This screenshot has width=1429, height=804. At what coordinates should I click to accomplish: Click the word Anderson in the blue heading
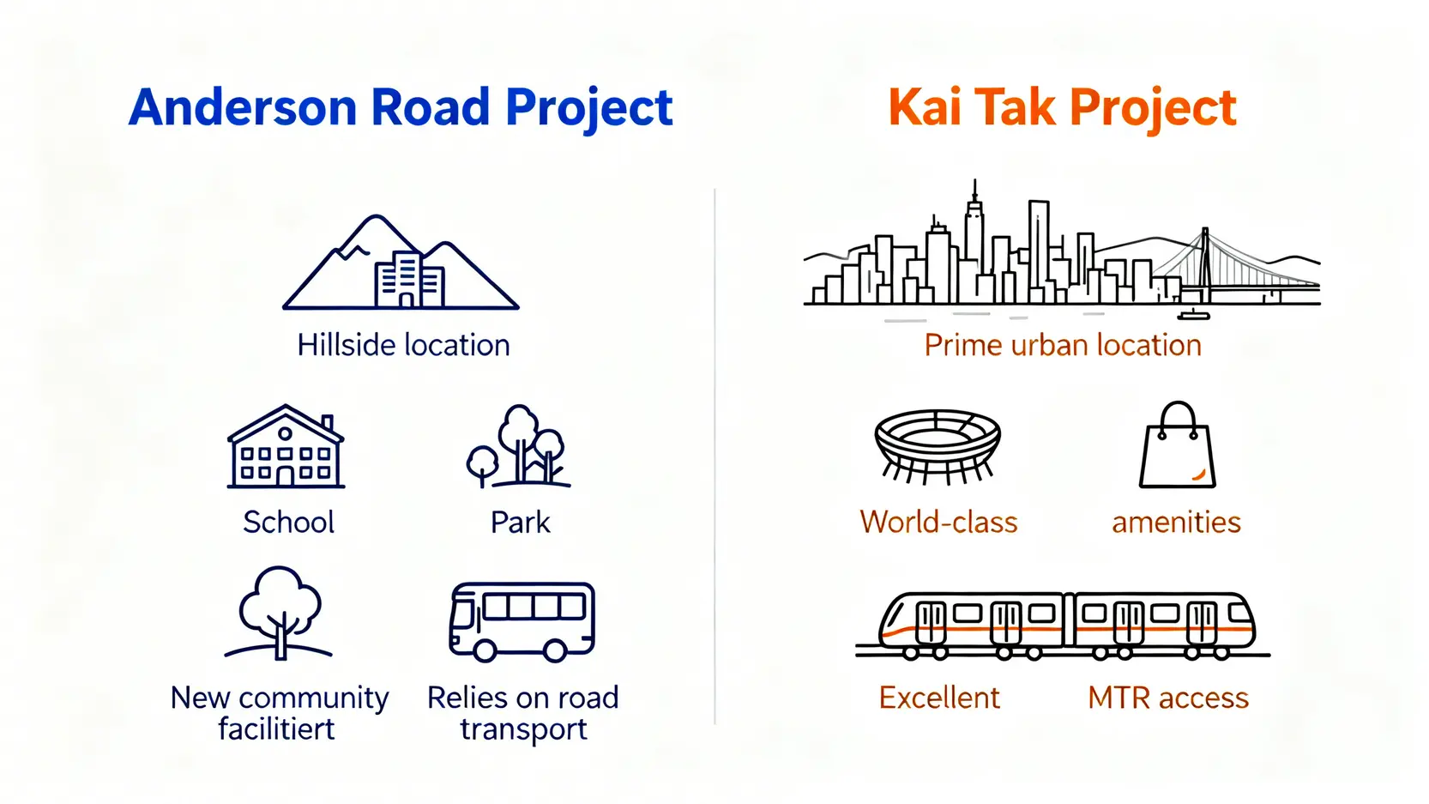pyautogui.click(x=243, y=107)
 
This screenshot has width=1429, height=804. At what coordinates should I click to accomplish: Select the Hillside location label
pyautogui.click(x=403, y=345)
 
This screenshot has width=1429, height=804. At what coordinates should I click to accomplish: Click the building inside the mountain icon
pyautogui.click(x=409, y=280)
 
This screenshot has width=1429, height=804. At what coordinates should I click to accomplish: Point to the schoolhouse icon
pyautogui.click(x=286, y=447)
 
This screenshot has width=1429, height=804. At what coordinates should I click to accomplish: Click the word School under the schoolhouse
pyautogui.click(x=288, y=522)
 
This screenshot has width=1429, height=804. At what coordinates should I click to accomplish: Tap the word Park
pyautogui.click(x=520, y=522)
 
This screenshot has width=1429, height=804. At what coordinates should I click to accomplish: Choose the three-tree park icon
pyautogui.click(x=519, y=447)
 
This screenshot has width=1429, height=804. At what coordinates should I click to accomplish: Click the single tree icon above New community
pyautogui.click(x=279, y=614)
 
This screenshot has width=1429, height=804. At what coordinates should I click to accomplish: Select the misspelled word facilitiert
pyautogui.click(x=276, y=728)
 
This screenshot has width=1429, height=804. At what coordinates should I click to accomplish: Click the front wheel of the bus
pyautogui.click(x=485, y=651)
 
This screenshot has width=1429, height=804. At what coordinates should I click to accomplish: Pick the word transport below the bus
pyautogui.click(x=523, y=729)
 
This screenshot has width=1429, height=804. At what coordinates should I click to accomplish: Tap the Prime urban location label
pyautogui.click(x=1063, y=345)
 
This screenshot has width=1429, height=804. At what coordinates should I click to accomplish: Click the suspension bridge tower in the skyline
pyautogui.click(x=1205, y=265)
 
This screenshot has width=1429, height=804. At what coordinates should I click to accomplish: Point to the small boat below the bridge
pyautogui.click(x=1194, y=314)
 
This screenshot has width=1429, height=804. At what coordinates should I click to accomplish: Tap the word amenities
pyautogui.click(x=1176, y=523)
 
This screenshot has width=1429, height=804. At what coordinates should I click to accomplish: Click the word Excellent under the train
pyautogui.click(x=939, y=698)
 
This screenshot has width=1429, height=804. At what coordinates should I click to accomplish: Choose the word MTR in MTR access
pyautogui.click(x=1119, y=698)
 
